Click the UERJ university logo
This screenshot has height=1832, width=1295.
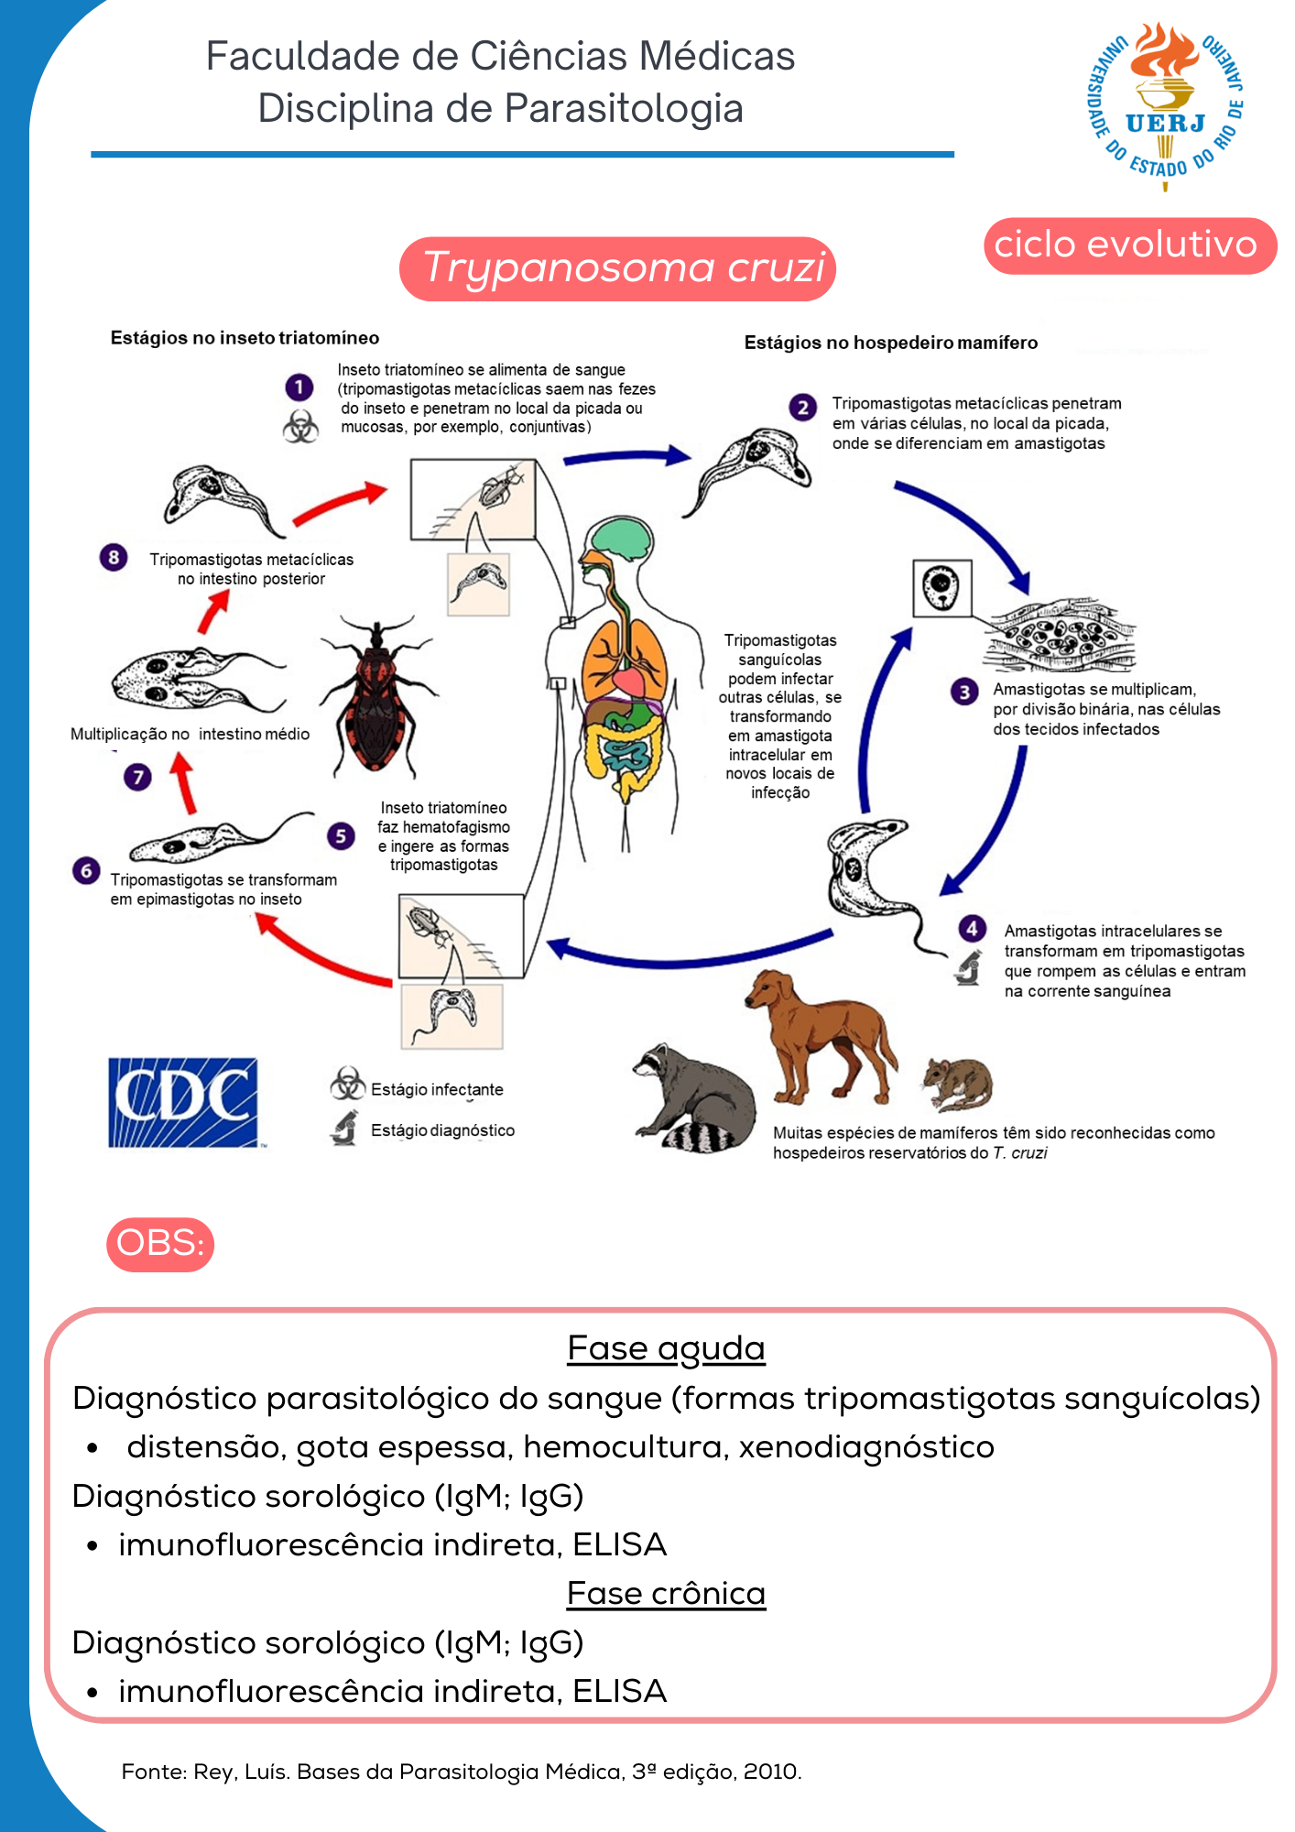point(1165,105)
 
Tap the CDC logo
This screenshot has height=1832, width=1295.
point(183,1102)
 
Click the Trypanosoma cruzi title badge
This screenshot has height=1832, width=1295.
point(618,268)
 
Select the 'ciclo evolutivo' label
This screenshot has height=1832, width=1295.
point(1128,245)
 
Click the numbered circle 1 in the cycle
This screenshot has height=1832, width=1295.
point(299,387)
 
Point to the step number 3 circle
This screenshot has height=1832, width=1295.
point(964,692)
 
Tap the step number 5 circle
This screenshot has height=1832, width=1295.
point(341,835)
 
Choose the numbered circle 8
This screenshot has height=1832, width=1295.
point(114,557)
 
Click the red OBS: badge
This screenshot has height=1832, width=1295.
point(160,1244)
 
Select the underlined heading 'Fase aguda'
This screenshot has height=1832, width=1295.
point(666,1348)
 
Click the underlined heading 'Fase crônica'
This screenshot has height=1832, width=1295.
point(666,1594)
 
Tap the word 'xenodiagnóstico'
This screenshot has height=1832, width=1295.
point(866,1447)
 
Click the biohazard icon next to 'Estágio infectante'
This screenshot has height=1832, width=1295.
point(347,1084)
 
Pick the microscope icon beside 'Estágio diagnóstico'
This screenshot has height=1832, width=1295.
point(344,1129)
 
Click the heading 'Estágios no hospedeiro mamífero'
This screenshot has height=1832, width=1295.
point(890,343)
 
